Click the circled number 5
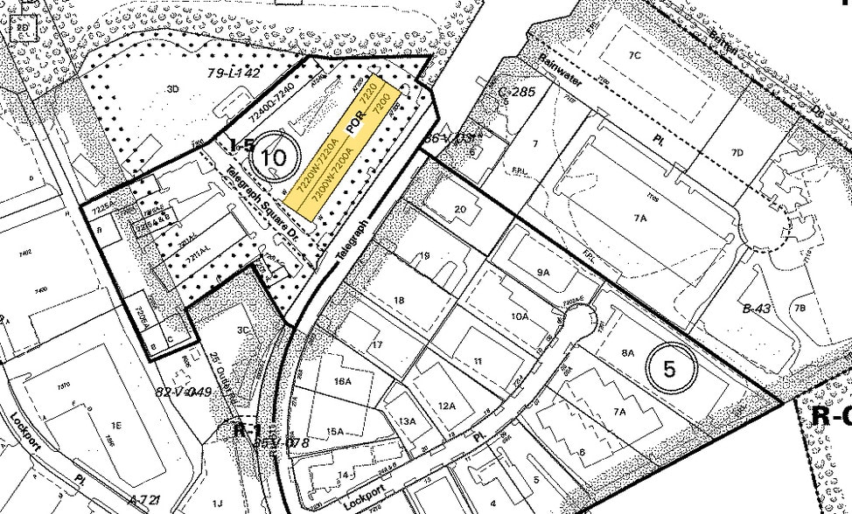(670, 369)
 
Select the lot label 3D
(173, 88)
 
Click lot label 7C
(635, 55)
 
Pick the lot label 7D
(737, 153)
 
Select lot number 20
(461, 209)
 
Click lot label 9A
(543, 272)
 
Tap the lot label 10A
(520, 316)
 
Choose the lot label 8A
(627, 353)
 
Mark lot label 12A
(447, 406)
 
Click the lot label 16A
(341, 381)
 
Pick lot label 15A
(334, 431)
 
